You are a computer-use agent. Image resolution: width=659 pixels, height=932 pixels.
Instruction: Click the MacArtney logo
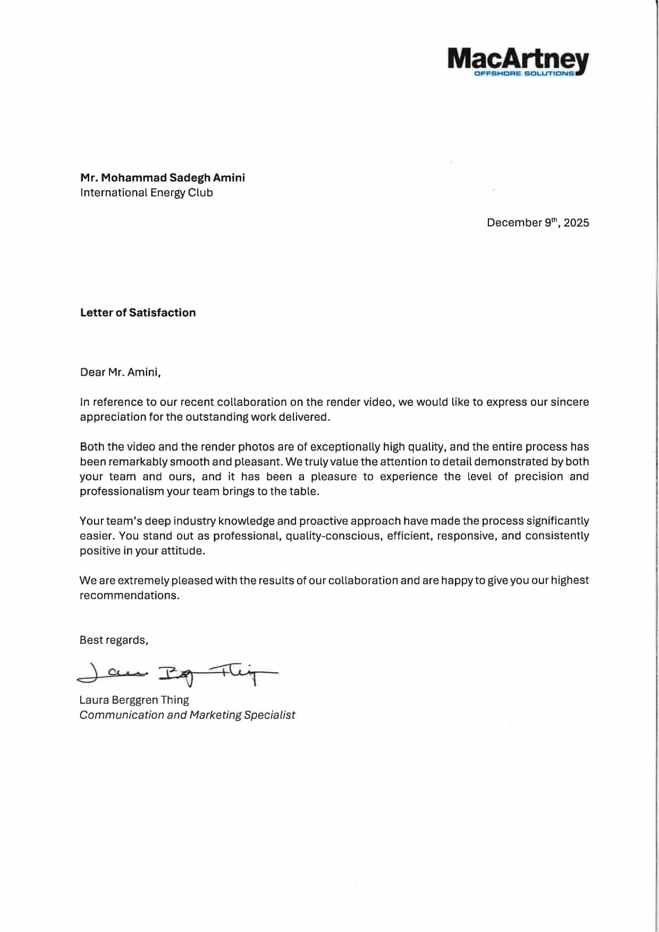pyautogui.click(x=518, y=60)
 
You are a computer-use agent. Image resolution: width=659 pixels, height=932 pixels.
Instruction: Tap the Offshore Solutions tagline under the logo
pyautogui.click(x=524, y=73)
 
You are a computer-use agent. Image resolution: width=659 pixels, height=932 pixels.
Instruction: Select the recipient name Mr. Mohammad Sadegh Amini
pyautogui.click(x=163, y=177)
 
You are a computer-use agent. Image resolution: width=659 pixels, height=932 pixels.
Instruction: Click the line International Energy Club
pyautogui.click(x=146, y=192)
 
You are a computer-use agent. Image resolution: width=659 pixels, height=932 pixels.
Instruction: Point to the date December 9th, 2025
pyautogui.click(x=537, y=223)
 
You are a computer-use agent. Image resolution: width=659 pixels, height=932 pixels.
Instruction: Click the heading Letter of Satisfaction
pyautogui.click(x=138, y=312)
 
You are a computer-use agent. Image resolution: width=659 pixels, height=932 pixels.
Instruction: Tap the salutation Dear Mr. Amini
pyautogui.click(x=120, y=372)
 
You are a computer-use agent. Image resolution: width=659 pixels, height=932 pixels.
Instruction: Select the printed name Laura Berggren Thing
pyautogui.click(x=134, y=700)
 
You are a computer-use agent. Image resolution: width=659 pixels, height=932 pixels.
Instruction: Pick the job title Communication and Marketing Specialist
pyautogui.click(x=187, y=715)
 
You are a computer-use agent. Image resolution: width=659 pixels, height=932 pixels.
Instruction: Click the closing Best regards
pyautogui.click(x=114, y=640)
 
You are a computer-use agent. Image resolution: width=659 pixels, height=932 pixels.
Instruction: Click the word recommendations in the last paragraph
pyautogui.click(x=129, y=595)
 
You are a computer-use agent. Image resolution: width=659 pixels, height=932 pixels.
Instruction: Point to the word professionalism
pyautogui.click(x=122, y=491)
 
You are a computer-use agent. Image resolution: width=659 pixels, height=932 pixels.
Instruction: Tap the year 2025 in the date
pyautogui.click(x=576, y=223)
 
